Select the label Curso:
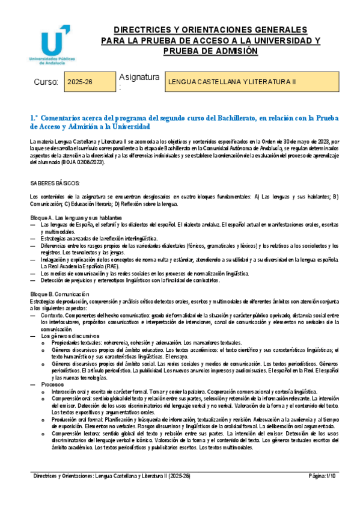coord(45,81)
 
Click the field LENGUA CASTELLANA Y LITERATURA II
coord(232,81)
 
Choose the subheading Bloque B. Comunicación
coord(59,293)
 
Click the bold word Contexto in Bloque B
coord(52,315)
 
